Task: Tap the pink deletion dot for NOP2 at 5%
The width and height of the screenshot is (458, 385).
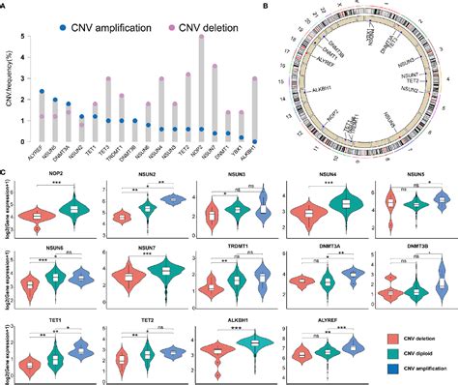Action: (200, 37)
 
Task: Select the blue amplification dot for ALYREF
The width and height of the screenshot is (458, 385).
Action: (39, 93)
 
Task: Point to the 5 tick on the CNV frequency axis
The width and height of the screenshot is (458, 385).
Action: (27, 37)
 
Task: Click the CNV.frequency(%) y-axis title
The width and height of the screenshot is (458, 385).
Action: (9, 92)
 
